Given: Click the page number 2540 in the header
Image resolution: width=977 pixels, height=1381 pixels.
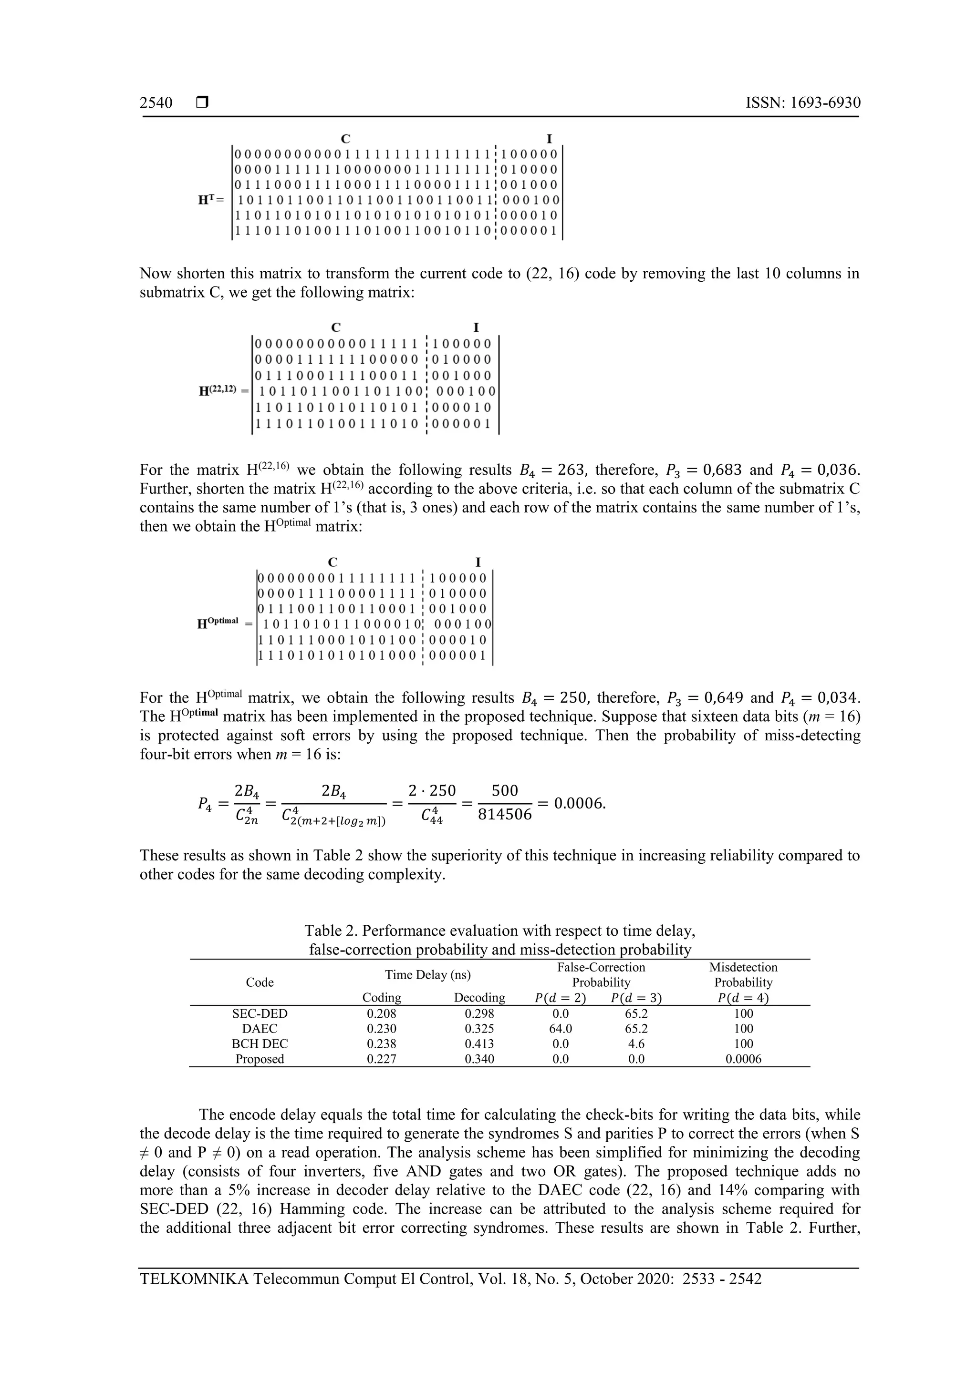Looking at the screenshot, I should pyautogui.click(x=156, y=103).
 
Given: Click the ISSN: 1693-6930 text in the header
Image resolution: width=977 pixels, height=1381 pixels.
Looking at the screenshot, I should pyautogui.click(x=802, y=103).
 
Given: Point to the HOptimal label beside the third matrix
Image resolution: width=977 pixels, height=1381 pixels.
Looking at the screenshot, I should pyautogui.click(x=218, y=623).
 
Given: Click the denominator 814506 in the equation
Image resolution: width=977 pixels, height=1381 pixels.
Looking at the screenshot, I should pyautogui.click(x=504, y=815).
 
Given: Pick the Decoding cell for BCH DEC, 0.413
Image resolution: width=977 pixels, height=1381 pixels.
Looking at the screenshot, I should pyautogui.click(x=479, y=1043).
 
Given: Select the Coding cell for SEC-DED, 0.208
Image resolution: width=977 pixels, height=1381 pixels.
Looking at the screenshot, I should pyautogui.click(x=382, y=1013).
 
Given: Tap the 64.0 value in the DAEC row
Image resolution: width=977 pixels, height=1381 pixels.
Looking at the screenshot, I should pyautogui.click(x=561, y=1029).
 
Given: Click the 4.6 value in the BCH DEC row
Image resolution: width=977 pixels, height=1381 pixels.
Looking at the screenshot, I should pyautogui.click(x=636, y=1043).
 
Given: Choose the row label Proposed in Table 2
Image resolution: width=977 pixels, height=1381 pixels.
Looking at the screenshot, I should pyautogui.click(x=260, y=1059).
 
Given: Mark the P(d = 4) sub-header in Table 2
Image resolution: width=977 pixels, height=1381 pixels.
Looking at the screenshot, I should pyautogui.click(x=743, y=998).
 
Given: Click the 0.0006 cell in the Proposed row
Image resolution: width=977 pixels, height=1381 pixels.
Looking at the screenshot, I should pyautogui.click(x=743, y=1059).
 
